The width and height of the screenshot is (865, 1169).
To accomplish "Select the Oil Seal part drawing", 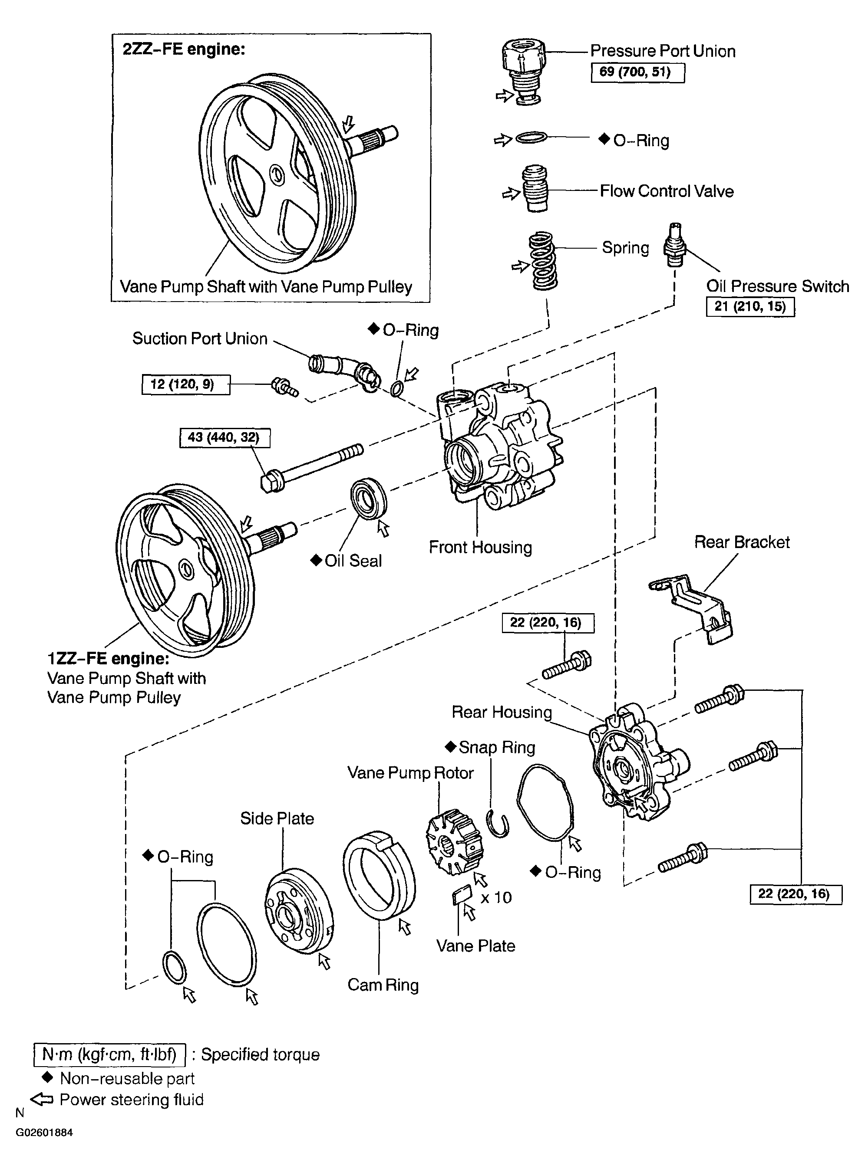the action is pyautogui.click(x=369, y=498).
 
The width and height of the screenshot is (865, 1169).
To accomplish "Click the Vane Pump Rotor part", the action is pyautogui.click(x=454, y=841).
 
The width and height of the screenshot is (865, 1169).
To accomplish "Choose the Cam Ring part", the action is pyautogui.click(x=379, y=874).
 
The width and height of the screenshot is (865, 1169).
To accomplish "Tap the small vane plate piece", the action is pyautogui.click(x=461, y=895).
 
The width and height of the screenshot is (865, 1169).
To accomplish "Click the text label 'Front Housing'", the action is pyautogui.click(x=480, y=547).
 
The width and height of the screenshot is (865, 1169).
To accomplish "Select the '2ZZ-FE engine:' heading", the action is pyautogui.click(x=184, y=49).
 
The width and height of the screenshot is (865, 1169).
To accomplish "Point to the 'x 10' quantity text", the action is pyautogui.click(x=496, y=897).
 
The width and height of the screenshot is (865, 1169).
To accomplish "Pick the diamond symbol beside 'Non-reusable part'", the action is pyautogui.click(x=47, y=1077).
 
